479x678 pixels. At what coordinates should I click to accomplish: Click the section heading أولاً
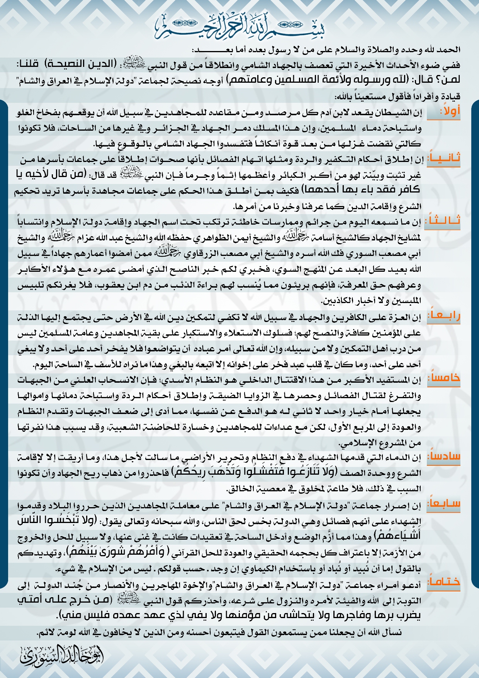pos(450,112)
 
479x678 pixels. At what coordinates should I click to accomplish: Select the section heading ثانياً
pos(443,158)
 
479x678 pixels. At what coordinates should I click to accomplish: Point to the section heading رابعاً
pos(444,316)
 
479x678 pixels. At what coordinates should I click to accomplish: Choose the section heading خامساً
pos(444,378)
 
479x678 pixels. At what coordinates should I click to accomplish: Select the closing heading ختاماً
pos(444,582)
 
